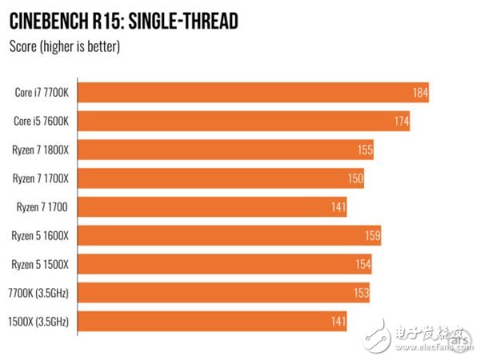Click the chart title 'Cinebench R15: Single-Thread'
pos(124,20)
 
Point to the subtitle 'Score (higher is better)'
pos(64,47)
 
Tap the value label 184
pos(420,94)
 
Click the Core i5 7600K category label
pos(42,122)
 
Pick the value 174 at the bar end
pos(401,122)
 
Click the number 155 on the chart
pos(365,151)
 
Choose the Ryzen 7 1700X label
pos(41,178)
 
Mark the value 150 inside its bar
pos(355,179)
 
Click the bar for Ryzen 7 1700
pos(213,207)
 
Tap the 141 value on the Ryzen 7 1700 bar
pos(338,208)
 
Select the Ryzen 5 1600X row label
pos(41,236)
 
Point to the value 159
pos(372,237)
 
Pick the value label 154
pos(362,265)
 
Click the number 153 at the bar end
pos(361,294)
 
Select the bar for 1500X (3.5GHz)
pos(213,321)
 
